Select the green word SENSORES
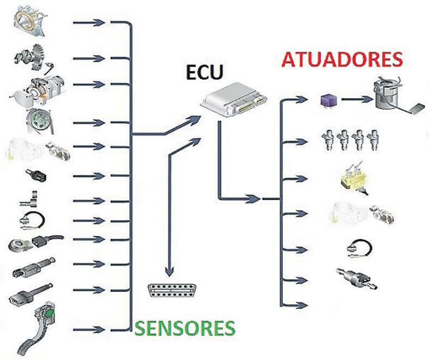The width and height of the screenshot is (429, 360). (185, 328)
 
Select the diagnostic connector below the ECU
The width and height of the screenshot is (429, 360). (169, 291)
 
